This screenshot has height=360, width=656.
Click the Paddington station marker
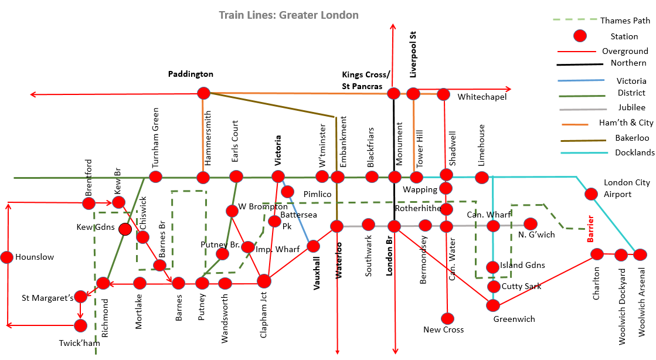[203, 93]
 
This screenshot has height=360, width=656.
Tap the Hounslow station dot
[7, 257]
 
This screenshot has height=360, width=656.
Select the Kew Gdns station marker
[124, 229]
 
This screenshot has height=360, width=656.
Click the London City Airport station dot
[591, 193]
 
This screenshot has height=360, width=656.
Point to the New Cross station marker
[447, 318]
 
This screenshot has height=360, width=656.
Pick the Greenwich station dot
[493, 305]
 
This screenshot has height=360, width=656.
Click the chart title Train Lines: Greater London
[288, 15]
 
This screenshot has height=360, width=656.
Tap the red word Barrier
[590, 229]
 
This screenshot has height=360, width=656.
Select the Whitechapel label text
[482, 97]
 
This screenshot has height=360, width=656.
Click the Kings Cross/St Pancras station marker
[393, 94]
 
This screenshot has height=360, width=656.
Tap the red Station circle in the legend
[580, 36]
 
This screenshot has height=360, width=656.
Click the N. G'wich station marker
[531, 224]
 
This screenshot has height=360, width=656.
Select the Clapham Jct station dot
[264, 281]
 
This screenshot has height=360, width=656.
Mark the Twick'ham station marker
[80, 325]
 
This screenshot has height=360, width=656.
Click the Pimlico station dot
[287, 191]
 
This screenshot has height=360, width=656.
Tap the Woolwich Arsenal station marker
[640, 254]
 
